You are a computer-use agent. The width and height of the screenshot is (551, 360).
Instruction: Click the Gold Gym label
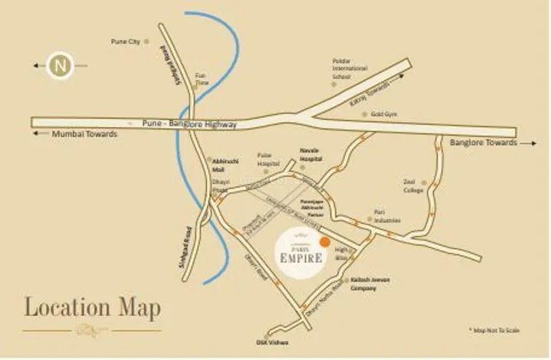point(383,114)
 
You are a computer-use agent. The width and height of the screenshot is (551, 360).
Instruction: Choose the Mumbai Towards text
point(84,134)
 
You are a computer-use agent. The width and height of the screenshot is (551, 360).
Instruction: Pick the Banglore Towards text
point(483,143)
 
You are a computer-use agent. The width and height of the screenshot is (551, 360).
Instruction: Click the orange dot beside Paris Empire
point(325,242)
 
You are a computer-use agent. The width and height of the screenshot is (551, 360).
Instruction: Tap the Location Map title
point(93,309)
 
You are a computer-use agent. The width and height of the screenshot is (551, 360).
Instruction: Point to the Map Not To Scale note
point(494,330)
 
